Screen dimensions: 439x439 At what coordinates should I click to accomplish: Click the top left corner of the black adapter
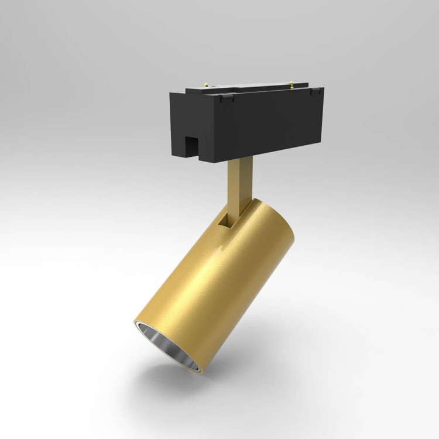(x=170, y=94)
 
